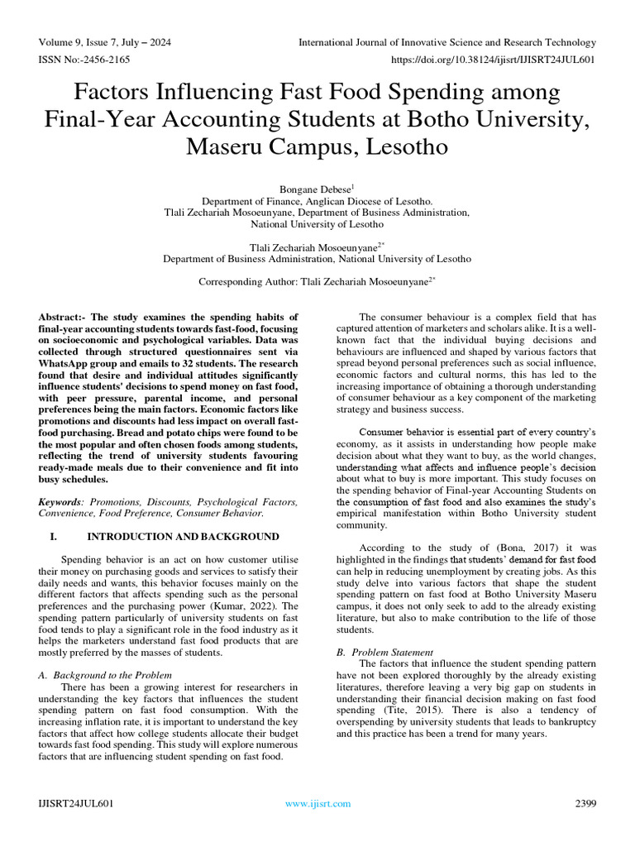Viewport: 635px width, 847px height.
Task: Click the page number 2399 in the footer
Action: click(585, 803)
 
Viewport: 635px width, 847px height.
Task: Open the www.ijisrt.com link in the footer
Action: click(317, 803)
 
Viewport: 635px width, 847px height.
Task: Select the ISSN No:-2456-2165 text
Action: click(84, 60)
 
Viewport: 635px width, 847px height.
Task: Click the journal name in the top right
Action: click(446, 42)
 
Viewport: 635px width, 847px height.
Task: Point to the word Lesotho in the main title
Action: click(389, 149)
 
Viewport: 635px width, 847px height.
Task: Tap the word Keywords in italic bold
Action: click(63, 502)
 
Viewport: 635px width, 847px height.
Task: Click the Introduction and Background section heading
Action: click(184, 537)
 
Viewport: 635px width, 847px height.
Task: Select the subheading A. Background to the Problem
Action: click(106, 675)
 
